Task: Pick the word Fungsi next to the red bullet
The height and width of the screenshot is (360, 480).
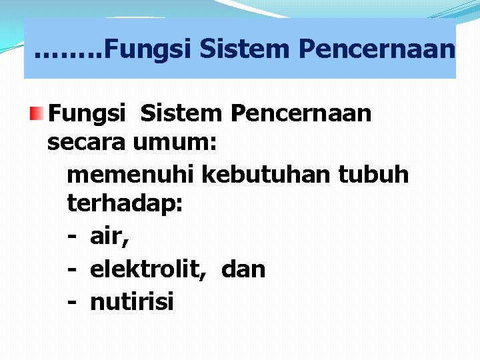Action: click(87, 114)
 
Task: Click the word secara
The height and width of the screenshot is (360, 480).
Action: click(87, 143)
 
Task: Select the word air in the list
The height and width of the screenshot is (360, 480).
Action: click(108, 237)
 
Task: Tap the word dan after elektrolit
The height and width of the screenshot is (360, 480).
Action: click(243, 269)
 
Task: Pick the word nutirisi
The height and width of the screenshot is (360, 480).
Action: click(131, 301)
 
